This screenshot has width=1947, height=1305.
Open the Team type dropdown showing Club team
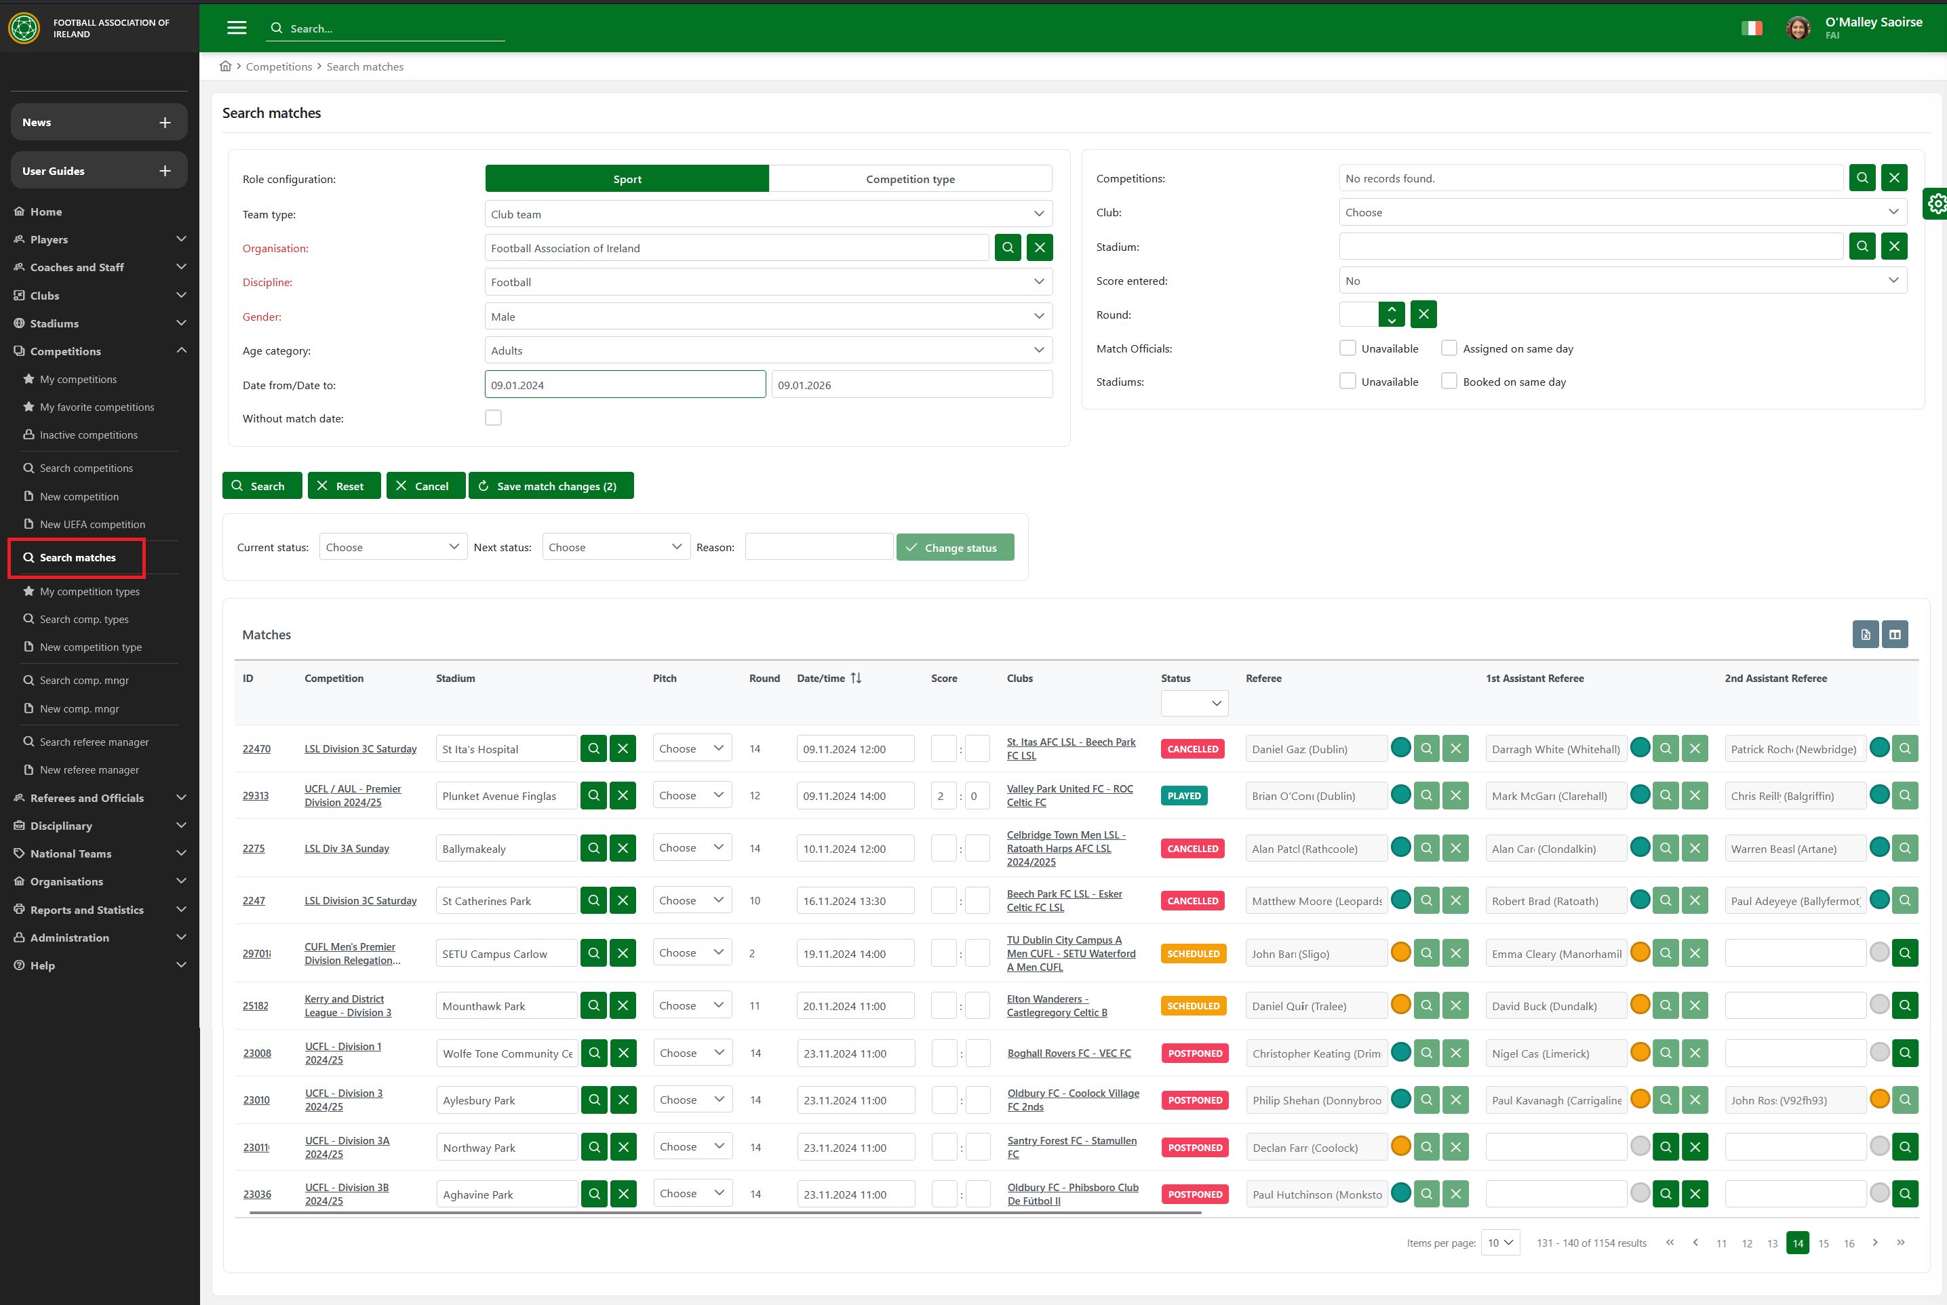click(x=768, y=214)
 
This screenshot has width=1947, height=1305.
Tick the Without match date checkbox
click(x=494, y=418)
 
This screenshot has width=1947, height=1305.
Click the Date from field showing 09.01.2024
click(x=625, y=384)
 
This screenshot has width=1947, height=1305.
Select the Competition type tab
click(x=910, y=179)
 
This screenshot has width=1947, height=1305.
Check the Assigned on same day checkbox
click(x=1449, y=348)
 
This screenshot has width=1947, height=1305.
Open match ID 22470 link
click(x=256, y=749)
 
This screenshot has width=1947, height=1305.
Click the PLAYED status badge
click(x=1183, y=796)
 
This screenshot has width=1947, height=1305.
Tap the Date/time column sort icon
click(x=856, y=679)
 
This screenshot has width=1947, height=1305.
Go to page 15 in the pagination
click(x=1823, y=1243)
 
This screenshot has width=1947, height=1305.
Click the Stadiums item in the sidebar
click(x=54, y=323)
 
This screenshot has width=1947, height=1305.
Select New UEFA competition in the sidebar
click(x=92, y=524)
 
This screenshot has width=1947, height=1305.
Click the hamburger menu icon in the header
click(x=237, y=28)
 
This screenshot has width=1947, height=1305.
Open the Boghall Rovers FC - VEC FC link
click(x=1069, y=1053)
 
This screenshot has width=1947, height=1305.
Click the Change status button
click(x=955, y=548)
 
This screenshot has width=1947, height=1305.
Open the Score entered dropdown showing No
click(x=1621, y=281)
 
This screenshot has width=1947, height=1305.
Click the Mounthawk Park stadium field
click(x=506, y=1006)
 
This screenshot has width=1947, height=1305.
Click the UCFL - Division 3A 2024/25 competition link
click(x=347, y=1147)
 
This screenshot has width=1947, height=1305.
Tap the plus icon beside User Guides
click(x=165, y=171)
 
